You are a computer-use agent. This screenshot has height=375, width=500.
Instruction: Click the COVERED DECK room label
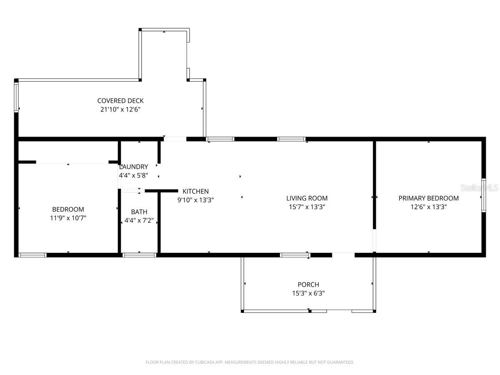tap(120, 100)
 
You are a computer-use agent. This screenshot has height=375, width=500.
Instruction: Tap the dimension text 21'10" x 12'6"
tap(120, 110)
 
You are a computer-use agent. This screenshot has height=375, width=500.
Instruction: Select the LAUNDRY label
tap(134, 167)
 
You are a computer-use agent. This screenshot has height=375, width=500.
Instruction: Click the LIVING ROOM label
tap(307, 198)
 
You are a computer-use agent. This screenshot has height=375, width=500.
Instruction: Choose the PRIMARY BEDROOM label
tap(428, 198)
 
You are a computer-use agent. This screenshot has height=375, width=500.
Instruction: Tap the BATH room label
tap(139, 212)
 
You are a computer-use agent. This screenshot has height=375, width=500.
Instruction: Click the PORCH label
tap(308, 285)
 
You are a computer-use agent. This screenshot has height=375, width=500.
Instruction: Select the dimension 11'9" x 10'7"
tap(68, 218)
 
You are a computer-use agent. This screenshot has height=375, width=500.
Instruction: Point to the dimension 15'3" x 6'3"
tap(308, 293)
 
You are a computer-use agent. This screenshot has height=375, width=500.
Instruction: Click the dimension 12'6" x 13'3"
tap(428, 207)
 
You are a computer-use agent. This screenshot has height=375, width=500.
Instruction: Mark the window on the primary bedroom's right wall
tap(484, 195)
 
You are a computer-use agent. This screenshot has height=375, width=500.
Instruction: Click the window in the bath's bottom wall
tap(139, 255)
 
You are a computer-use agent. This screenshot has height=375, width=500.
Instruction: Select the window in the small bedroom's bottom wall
tap(32, 255)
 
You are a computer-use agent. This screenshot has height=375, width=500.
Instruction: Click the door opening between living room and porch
tap(343, 254)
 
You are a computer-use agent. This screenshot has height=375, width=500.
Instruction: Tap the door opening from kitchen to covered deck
tap(175, 139)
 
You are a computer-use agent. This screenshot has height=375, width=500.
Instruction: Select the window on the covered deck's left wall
tap(17, 97)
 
